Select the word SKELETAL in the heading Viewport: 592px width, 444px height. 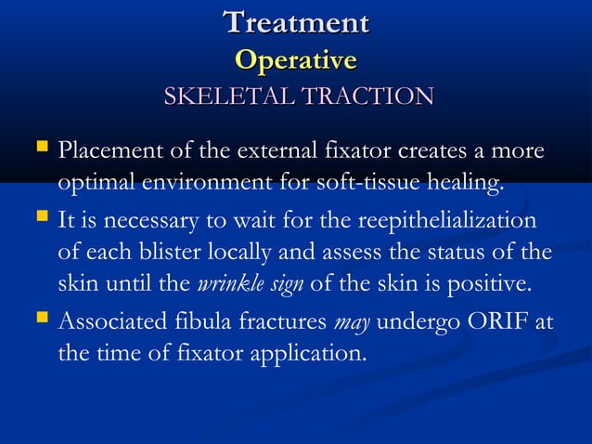pyautogui.click(x=221, y=96)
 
